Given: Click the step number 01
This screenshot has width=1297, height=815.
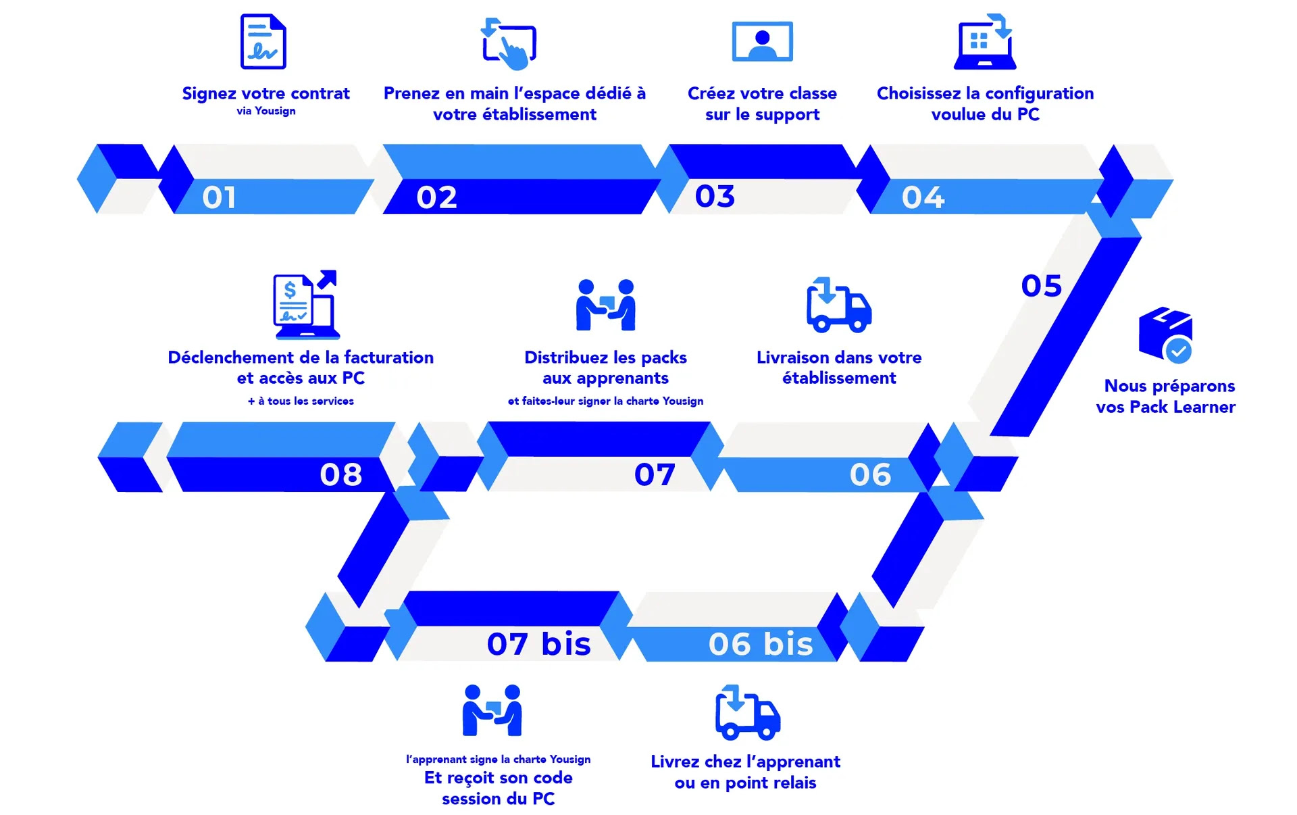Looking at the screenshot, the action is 219,197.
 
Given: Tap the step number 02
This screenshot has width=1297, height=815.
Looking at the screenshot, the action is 436,197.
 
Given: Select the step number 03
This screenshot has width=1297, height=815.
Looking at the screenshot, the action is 715,196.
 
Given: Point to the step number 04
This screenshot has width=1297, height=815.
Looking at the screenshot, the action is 923,197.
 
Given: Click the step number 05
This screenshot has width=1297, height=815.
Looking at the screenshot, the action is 1042,286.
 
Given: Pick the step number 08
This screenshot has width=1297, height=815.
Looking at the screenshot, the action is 341,474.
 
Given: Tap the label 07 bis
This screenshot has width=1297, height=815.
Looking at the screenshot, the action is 539,643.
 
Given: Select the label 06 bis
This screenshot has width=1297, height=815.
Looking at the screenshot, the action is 761,643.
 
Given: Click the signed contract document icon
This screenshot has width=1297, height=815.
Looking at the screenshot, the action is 263,41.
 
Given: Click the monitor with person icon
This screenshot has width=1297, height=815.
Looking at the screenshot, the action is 763,41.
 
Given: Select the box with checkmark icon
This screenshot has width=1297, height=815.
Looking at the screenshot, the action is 1166,335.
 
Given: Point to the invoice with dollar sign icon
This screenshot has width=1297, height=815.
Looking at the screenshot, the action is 305,305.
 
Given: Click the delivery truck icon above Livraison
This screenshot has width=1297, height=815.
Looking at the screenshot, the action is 839,305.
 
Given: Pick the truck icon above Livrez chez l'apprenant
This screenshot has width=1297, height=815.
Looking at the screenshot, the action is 748,712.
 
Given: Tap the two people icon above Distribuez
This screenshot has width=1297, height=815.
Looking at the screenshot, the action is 606,305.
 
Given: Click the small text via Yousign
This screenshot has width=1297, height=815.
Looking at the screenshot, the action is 266,111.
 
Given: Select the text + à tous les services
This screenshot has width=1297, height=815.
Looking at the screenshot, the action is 301,401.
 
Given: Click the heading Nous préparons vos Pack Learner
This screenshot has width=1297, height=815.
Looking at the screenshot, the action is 1166,396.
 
